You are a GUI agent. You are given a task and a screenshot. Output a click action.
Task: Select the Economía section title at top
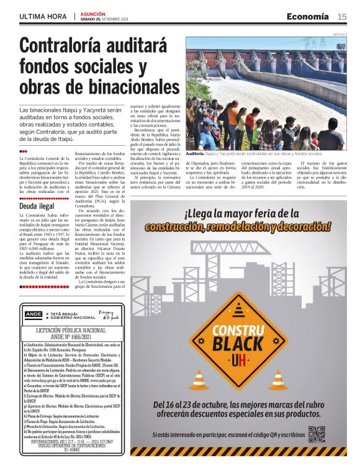tap(308, 16)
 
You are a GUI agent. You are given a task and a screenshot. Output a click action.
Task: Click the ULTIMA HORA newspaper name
tap(43, 17)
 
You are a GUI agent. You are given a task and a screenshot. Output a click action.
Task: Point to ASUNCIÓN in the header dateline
tap(93, 13)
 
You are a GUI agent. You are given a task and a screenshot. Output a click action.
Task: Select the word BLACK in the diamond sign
tap(238, 343)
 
